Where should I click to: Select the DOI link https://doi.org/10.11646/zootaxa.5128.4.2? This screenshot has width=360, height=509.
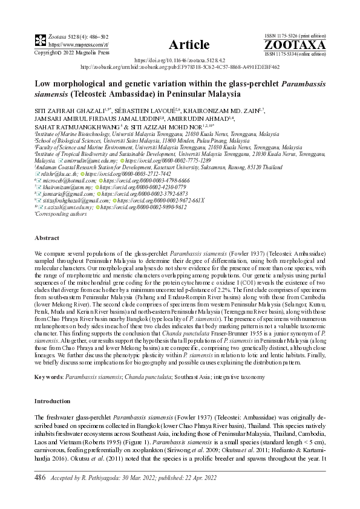coord(180,61)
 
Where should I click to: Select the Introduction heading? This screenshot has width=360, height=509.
coord(53,401)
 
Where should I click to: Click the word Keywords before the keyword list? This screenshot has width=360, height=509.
coord(48,377)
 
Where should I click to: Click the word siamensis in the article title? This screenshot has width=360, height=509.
coord(56,95)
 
